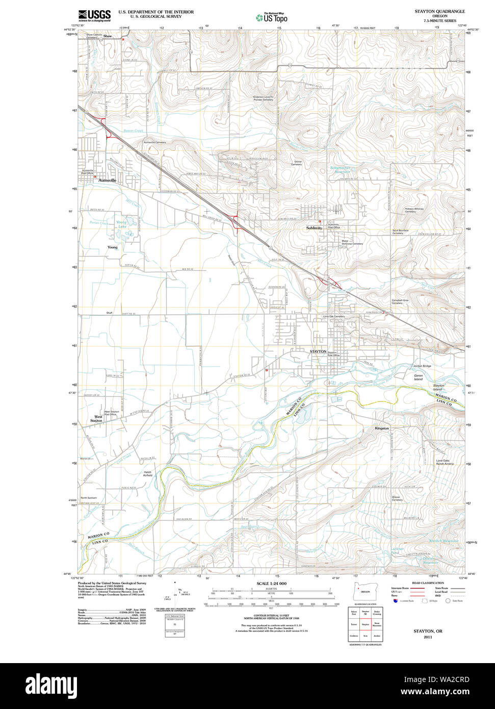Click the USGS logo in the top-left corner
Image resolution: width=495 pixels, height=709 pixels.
coord(94,16)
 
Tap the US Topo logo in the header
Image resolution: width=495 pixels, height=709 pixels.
coord(272,17)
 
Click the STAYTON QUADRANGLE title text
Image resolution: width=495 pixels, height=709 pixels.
coord(439,11)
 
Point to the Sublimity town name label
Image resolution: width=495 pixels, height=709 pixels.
coord(314,228)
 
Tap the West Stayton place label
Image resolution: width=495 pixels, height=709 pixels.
coord(96,419)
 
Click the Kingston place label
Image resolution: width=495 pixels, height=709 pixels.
coord(382,428)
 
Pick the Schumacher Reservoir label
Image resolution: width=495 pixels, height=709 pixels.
coord(340,170)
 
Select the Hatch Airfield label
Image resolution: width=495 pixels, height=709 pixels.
coord(147,473)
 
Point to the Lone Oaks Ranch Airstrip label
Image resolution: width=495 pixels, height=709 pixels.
coord(445,462)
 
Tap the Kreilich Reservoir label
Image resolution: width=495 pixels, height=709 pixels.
coord(444,541)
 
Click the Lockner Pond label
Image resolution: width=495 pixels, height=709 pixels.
coord(397,551)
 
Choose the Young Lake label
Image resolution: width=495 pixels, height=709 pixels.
coord(121,224)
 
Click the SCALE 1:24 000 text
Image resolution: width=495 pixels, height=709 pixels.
coord(271,584)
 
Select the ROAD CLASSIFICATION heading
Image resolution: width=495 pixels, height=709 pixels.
coord(427,583)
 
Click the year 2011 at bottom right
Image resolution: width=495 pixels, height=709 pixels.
coord(427,637)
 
